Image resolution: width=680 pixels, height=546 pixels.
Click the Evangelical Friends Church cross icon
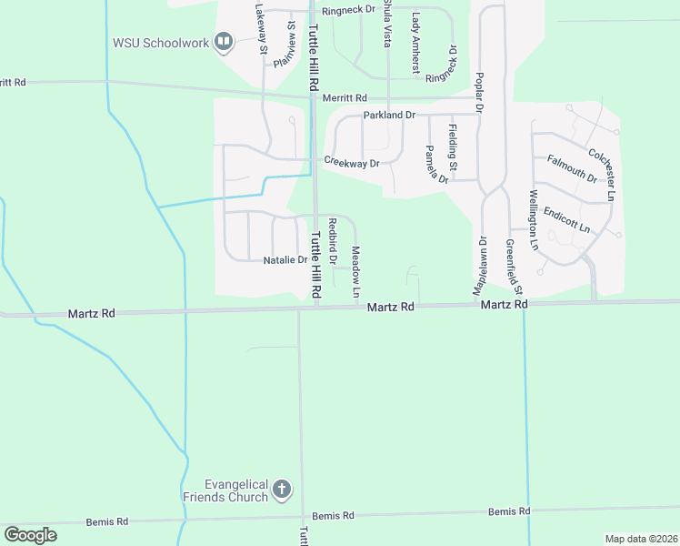pos(282,490)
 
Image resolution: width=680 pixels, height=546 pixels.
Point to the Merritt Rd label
pos(347,98)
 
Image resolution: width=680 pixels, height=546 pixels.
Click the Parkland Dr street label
pos(389,116)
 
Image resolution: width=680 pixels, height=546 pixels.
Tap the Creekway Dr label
pos(352,163)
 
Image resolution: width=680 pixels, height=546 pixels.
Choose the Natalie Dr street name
pos(285,260)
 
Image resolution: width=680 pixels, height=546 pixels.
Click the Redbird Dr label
pos(333,241)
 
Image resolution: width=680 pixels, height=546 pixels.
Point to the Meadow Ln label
pos(356,268)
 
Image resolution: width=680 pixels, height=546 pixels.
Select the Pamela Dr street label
pos(437,165)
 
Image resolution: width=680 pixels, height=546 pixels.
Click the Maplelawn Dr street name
pos(475,265)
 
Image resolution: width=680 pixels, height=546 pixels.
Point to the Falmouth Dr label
pos(572,169)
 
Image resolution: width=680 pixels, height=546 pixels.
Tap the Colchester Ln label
pos(603,164)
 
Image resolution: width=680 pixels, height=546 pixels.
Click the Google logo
pos(30,535)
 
